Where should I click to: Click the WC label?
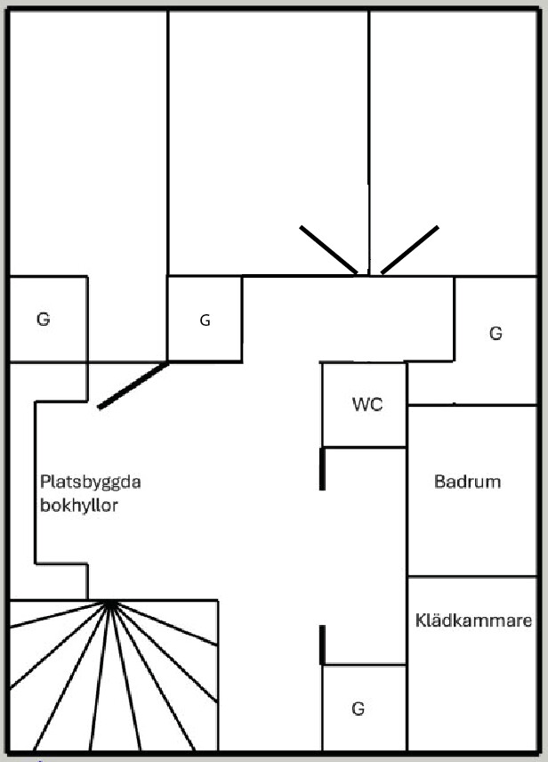[x=367, y=404]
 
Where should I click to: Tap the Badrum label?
[x=467, y=482]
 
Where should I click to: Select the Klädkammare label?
[x=474, y=620]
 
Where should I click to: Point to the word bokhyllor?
[x=78, y=505]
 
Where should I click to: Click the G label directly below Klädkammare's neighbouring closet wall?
[x=359, y=709]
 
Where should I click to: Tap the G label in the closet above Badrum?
[x=496, y=333]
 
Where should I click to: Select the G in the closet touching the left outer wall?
[x=43, y=320]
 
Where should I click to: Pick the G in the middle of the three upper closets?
[x=205, y=320]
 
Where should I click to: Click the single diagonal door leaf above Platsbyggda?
[x=133, y=385]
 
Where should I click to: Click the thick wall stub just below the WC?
[x=321, y=469]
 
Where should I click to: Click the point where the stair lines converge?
[x=111, y=603]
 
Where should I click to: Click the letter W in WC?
[x=360, y=404]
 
